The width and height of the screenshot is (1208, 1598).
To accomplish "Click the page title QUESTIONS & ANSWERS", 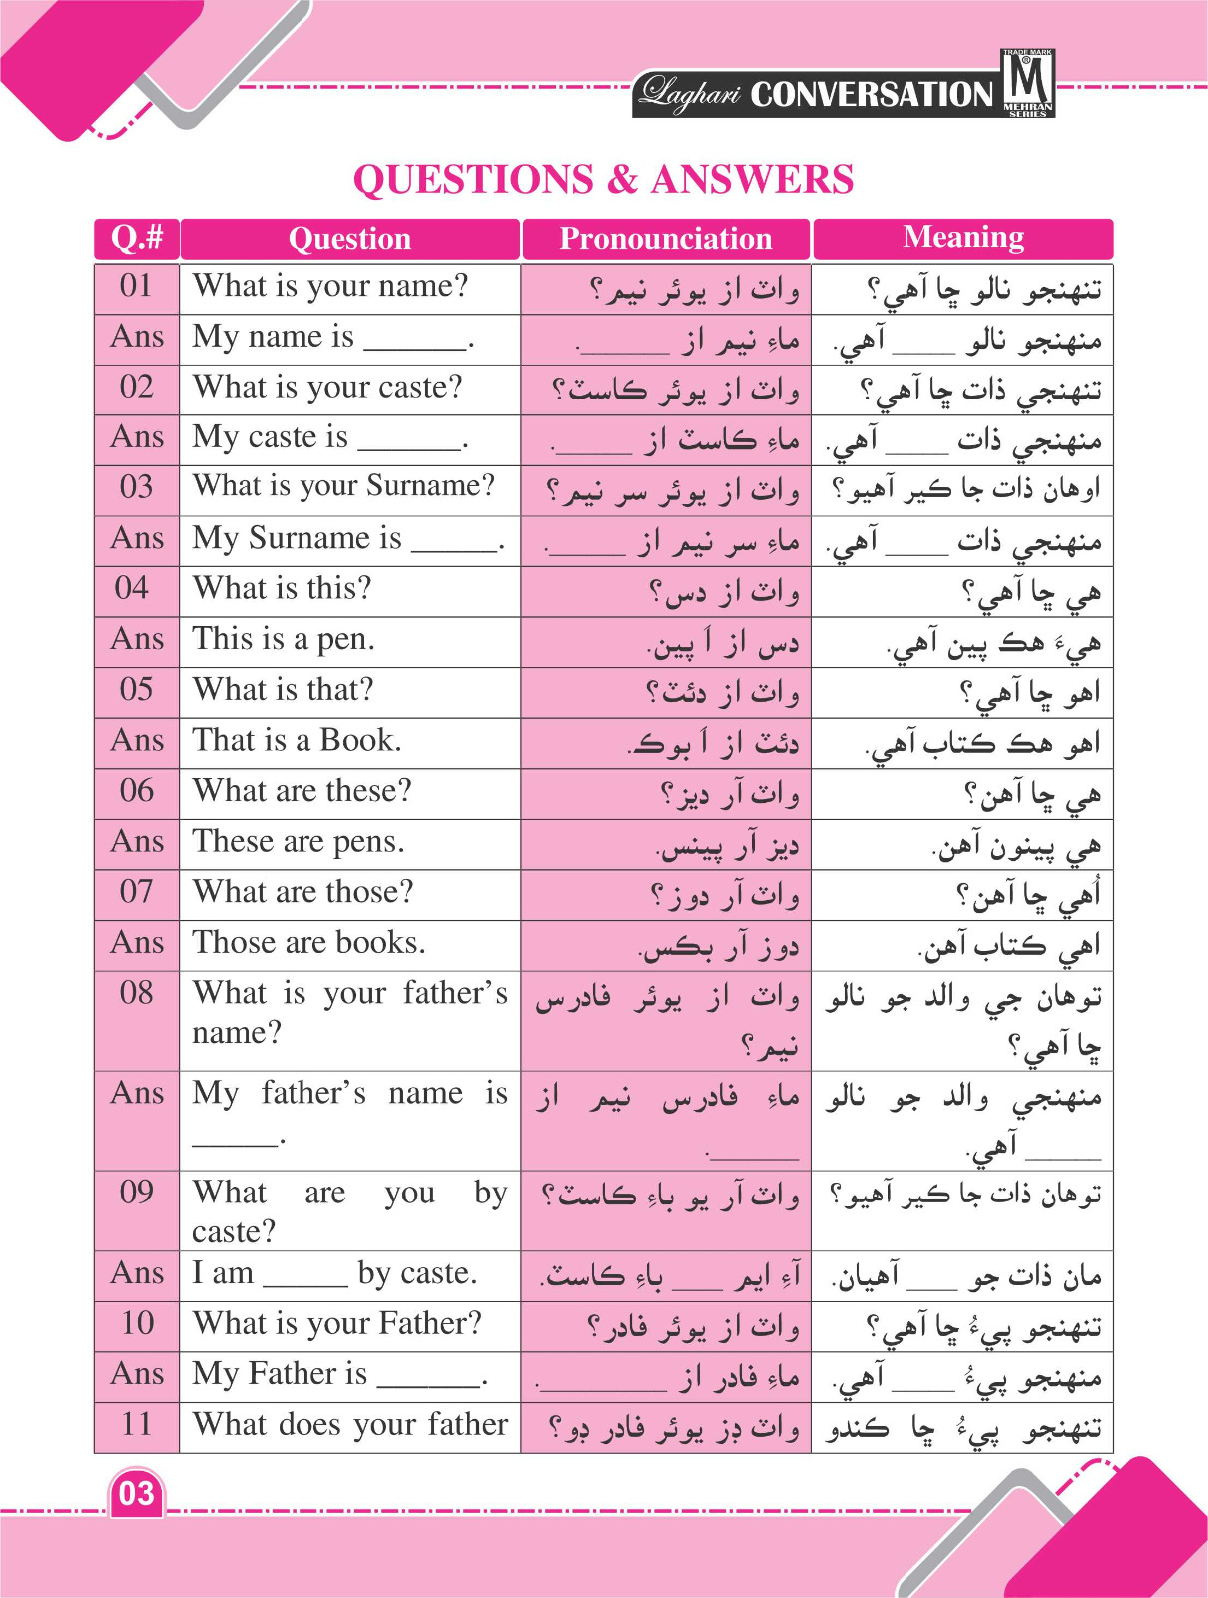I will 603,180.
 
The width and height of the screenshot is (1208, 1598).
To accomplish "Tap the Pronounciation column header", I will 665,239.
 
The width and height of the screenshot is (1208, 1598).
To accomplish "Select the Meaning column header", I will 963,238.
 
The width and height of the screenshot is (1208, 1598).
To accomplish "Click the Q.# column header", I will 137,238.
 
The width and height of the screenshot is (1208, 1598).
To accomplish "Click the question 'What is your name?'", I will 329,287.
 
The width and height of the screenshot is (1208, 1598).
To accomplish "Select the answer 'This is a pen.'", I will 284,639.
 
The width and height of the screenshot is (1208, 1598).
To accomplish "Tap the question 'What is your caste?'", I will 327,388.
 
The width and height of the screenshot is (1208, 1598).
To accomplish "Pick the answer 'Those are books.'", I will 308,943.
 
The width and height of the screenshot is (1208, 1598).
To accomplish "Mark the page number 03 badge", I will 136,1494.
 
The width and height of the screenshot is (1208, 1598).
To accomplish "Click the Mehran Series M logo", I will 1027,83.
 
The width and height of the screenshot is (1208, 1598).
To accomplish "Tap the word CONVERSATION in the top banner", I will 872,95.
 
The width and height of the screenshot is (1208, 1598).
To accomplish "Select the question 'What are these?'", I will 302,791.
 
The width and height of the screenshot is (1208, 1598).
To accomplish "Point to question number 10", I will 136,1324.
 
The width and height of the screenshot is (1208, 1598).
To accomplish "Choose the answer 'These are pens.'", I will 298,842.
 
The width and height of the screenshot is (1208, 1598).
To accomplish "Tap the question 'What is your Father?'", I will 336,1324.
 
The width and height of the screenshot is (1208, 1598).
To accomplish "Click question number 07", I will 136,892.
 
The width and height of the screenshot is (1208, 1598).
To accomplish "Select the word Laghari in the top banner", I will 690,94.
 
